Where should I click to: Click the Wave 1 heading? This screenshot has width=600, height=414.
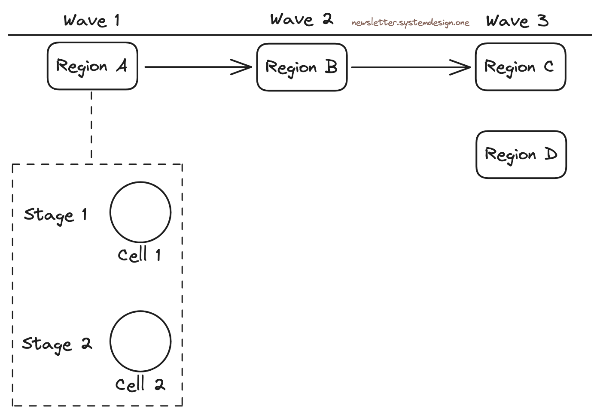(91, 21)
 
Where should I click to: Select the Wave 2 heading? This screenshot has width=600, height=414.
(302, 19)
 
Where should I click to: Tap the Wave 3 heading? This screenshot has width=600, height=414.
(517, 21)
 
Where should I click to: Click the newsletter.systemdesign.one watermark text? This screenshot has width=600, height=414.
(410, 23)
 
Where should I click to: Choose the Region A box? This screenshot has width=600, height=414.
(92, 66)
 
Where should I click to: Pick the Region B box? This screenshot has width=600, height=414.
(302, 67)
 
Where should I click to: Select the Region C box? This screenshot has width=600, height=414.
(520, 66)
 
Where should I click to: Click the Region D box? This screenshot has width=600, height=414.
(521, 154)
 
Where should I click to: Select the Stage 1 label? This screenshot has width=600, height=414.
(55, 215)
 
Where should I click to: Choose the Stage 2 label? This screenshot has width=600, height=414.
(57, 344)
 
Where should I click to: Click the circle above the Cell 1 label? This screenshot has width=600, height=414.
(140, 212)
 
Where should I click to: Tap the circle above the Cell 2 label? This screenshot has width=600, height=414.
(140, 341)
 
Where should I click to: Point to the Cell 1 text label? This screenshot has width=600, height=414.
(140, 255)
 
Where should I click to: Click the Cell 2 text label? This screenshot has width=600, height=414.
(140, 384)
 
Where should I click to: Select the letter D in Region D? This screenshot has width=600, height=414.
(551, 154)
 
